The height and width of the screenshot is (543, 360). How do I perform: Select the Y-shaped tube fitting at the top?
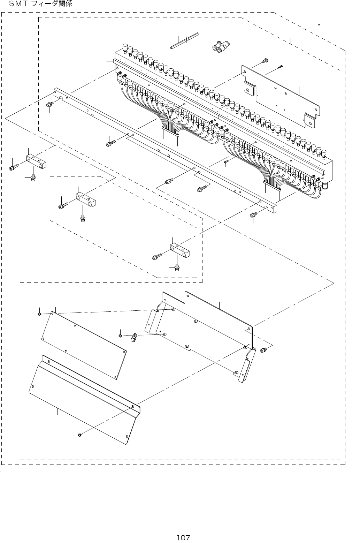click(220, 47)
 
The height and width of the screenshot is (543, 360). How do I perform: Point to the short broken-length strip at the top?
click(185, 41)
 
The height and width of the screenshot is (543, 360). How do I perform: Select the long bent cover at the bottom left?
click(84, 398)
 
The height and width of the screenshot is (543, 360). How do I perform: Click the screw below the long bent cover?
click(79, 435)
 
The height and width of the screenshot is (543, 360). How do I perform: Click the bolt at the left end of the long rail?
click(50, 104)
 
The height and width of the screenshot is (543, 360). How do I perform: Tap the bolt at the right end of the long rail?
click(253, 215)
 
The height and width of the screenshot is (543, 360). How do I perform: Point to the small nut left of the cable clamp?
click(120, 335)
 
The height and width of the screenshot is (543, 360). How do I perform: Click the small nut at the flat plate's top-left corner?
click(40, 314)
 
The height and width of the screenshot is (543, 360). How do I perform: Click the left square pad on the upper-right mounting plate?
click(248, 88)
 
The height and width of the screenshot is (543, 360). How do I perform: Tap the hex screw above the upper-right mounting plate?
click(265, 61)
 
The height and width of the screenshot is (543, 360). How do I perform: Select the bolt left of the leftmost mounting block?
click(14, 168)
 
